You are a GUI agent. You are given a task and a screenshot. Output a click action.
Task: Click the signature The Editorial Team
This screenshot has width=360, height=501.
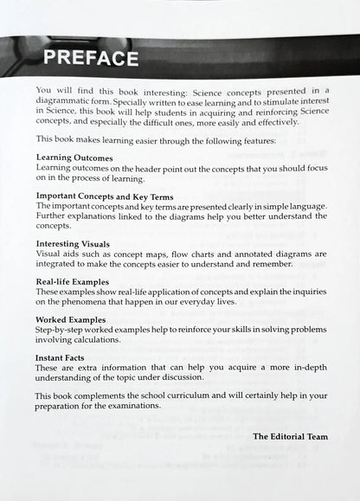coord(290,436)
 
